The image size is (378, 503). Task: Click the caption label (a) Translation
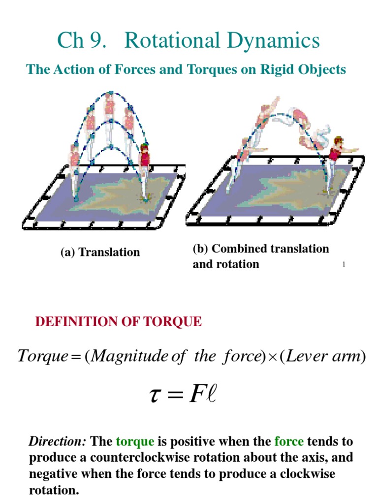[100, 252]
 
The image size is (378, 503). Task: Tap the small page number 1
[344, 264]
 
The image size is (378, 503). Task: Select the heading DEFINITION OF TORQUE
[118, 321]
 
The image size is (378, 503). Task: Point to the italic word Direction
[58, 442]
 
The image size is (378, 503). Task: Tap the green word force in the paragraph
[289, 442]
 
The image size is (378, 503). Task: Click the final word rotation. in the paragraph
[54, 490]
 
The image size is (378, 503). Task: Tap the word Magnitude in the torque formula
[129, 357]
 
